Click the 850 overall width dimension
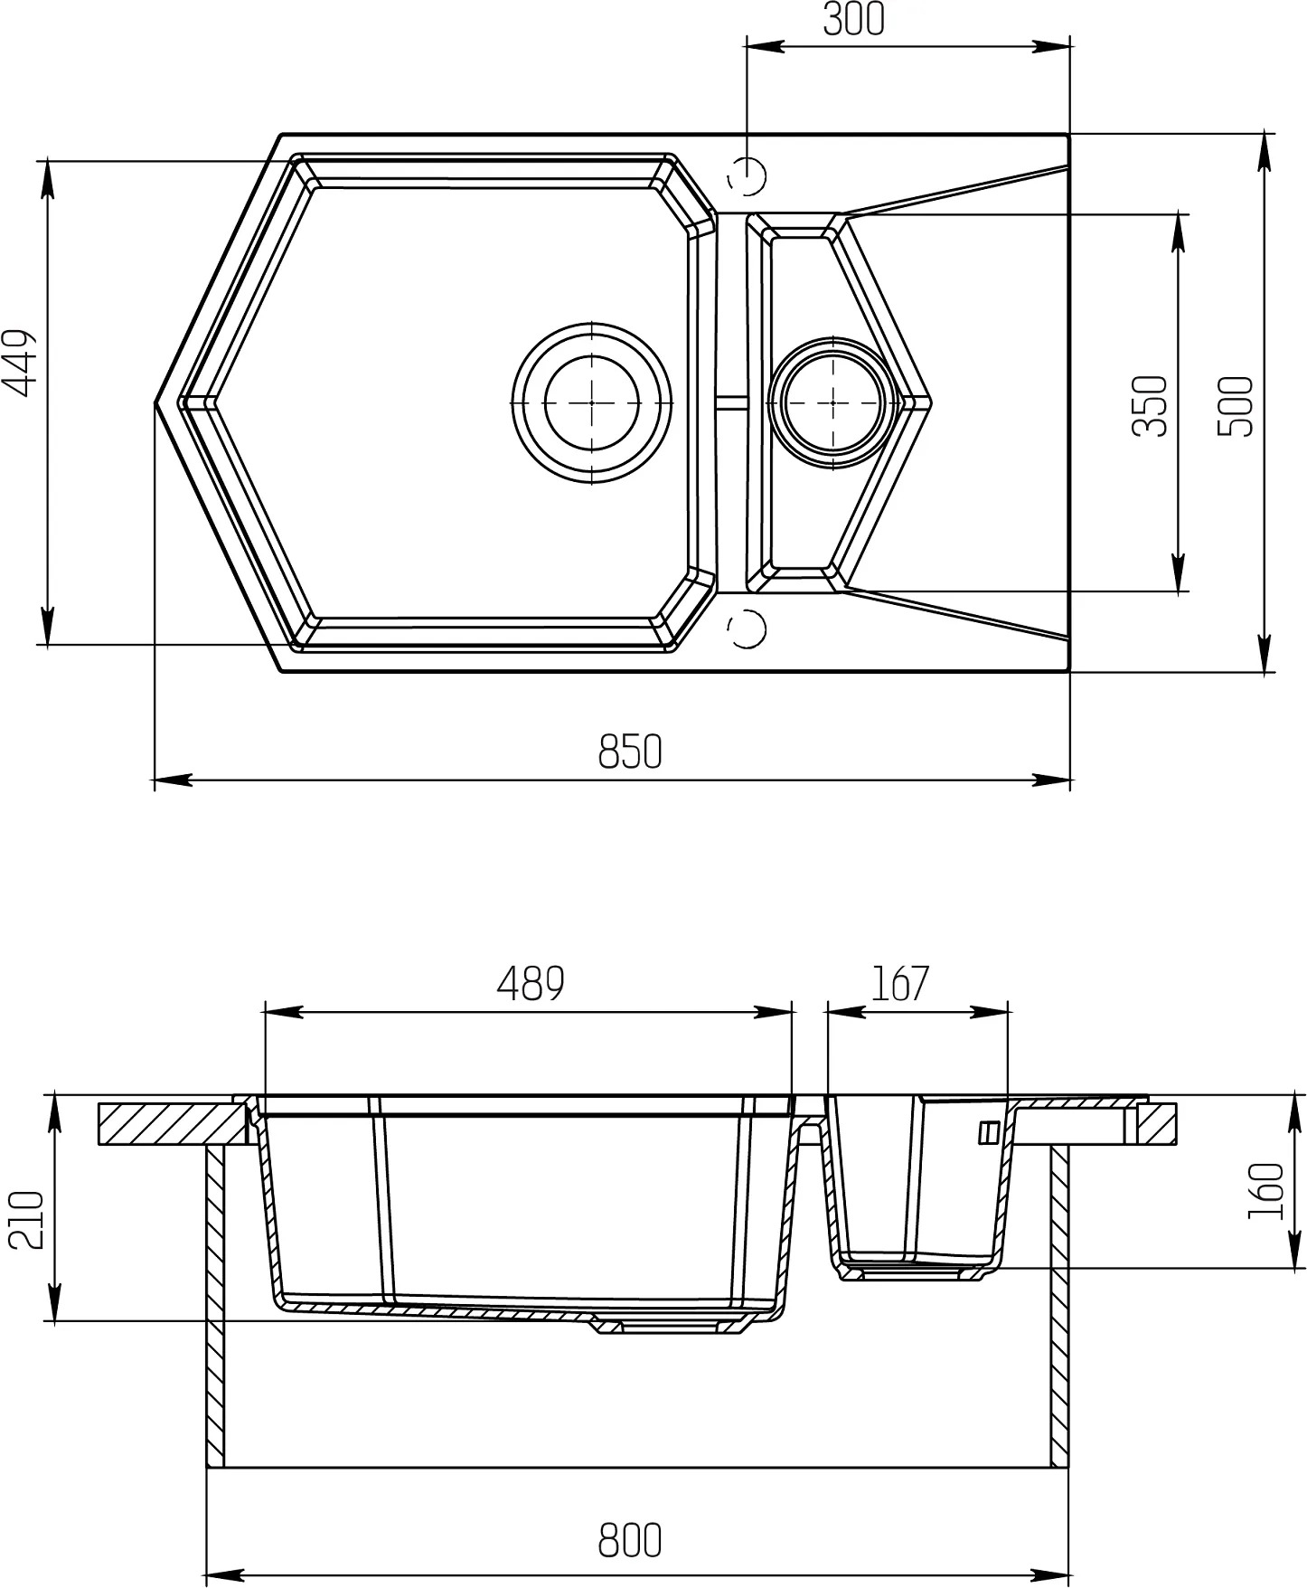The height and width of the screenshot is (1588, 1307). (630, 751)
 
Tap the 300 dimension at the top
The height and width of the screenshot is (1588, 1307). (854, 20)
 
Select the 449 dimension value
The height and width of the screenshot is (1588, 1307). (20, 363)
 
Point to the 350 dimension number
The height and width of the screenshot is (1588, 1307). (1151, 405)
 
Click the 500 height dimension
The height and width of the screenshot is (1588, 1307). (1236, 405)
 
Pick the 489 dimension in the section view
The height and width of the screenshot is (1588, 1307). (531, 984)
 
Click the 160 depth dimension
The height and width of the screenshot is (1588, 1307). (1265, 1190)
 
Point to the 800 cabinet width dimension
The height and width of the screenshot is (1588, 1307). (630, 1540)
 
